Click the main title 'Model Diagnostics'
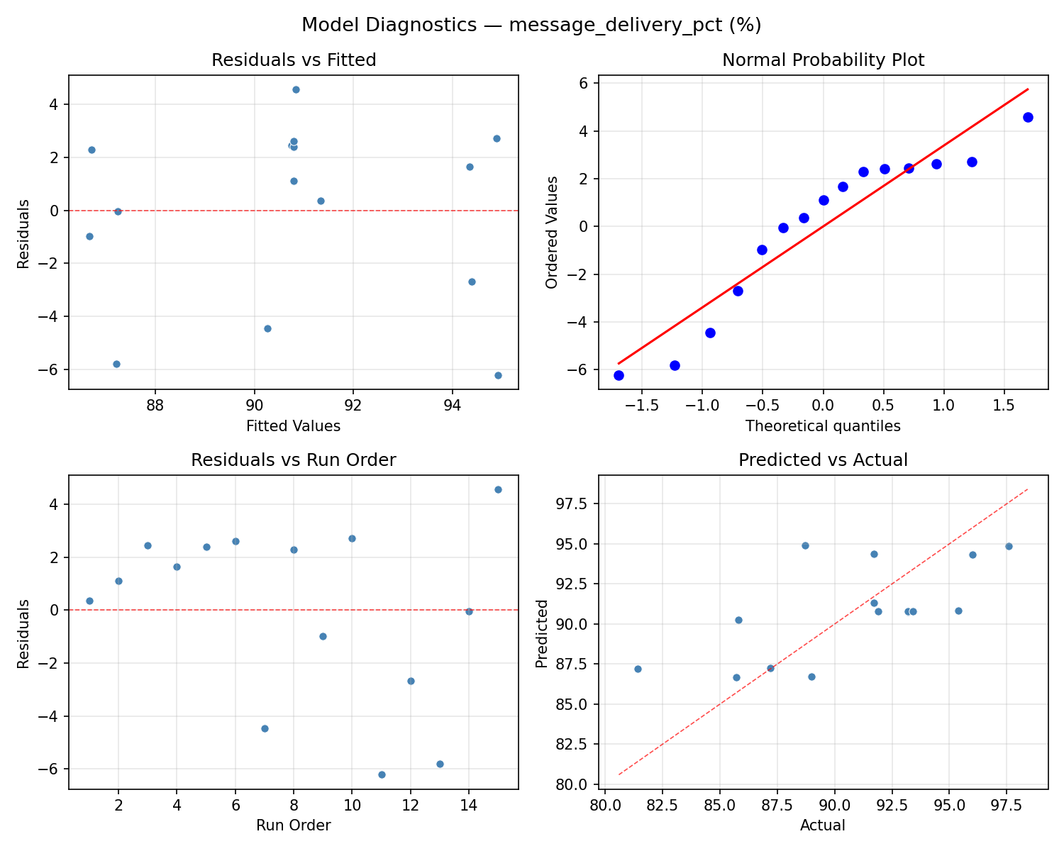[x=531, y=26]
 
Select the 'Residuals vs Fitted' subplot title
[x=294, y=60]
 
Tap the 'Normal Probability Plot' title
[x=823, y=60]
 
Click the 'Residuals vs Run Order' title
[x=294, y=460]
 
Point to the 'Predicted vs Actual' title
[x=823, y=460]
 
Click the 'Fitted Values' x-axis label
[x=294, y=426]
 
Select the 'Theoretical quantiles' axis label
[x=823, y=426]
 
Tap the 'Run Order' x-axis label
[x=294, y=825]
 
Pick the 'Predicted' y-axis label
[x=542, y=633]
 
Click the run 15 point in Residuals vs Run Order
[x=498, y=489]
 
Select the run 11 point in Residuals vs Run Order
[x=382, y=774]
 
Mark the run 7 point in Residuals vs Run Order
[x=265, y=728]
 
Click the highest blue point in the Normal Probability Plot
[x=1028, y=117]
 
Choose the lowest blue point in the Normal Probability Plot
[x=619, y=375]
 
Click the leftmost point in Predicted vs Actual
[x=638, y=669]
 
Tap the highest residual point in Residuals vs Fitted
[x=296, y=89]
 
